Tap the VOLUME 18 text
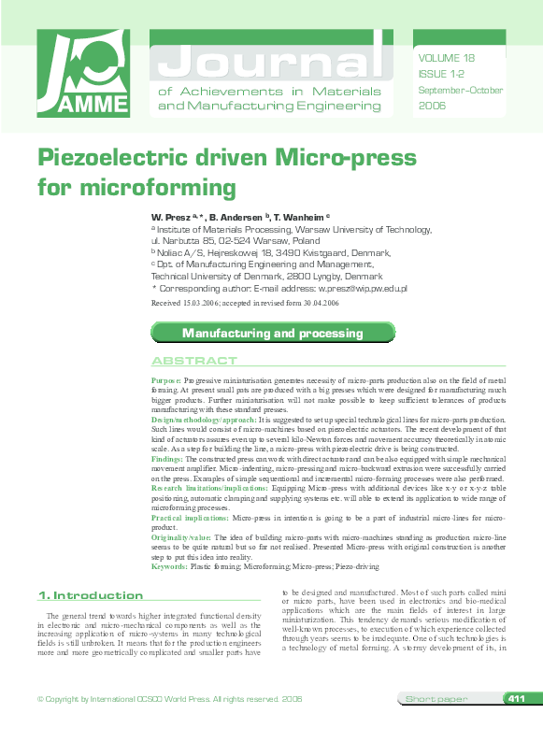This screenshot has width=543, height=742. pyautogui.click(x=449, y=57)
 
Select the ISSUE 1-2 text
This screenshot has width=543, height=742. pyautogui.click(x=440, y=73)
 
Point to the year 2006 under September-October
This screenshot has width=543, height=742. pyautogui.click(x=432, y=107)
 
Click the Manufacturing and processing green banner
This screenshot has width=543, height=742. pyautogui.click(x=265, y=333)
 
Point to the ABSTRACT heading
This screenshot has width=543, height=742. pyautogui.click(x=194, y=361)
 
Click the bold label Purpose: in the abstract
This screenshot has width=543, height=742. pyautogui.click(x=166, y=382)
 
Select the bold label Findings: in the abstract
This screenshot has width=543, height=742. pyautogui.click(x=167, y=460)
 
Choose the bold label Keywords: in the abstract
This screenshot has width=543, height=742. pyautogui.click(x=169, y=566)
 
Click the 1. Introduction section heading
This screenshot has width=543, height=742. pyautogui.click(x=90, y=595)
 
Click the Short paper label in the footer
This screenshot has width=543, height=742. pyautogui.click(x=436, y=699)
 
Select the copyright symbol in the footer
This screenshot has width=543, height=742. pyautogui.click(x=39, y=699)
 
